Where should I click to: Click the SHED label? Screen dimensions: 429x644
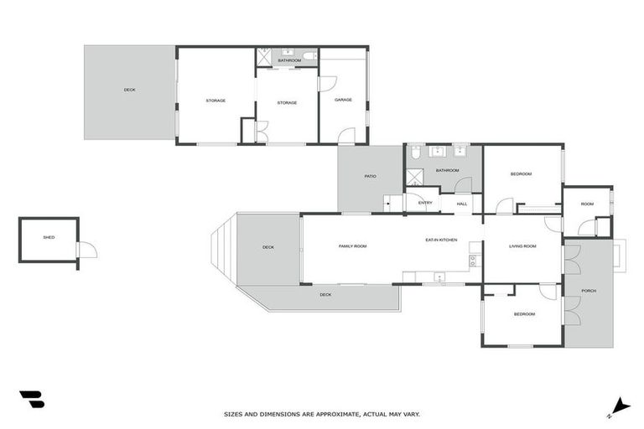(49, 237)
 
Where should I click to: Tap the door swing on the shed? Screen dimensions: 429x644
(86, 250)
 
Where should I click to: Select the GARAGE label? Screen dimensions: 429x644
(343, 100)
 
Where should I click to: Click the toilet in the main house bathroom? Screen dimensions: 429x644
(414, 152)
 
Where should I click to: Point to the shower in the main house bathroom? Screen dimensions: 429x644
(415, 177)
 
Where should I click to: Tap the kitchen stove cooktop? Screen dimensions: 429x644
(474, 260)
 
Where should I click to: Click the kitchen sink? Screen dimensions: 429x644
(437, 276)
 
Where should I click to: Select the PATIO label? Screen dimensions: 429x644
(370, 176)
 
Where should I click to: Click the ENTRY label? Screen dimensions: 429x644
(425, 202)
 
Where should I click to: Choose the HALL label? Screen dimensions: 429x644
(460, 203)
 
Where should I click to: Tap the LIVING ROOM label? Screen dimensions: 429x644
(522, 246)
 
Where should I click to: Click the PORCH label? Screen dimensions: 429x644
(589, 291)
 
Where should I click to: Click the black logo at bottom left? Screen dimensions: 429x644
(32, 400)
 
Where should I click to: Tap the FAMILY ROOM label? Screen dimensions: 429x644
(352, 246)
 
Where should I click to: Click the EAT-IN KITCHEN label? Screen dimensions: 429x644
(441, 240)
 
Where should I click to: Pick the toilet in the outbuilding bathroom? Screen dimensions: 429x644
(309, 56)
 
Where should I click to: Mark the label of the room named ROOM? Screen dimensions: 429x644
(587, 204)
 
